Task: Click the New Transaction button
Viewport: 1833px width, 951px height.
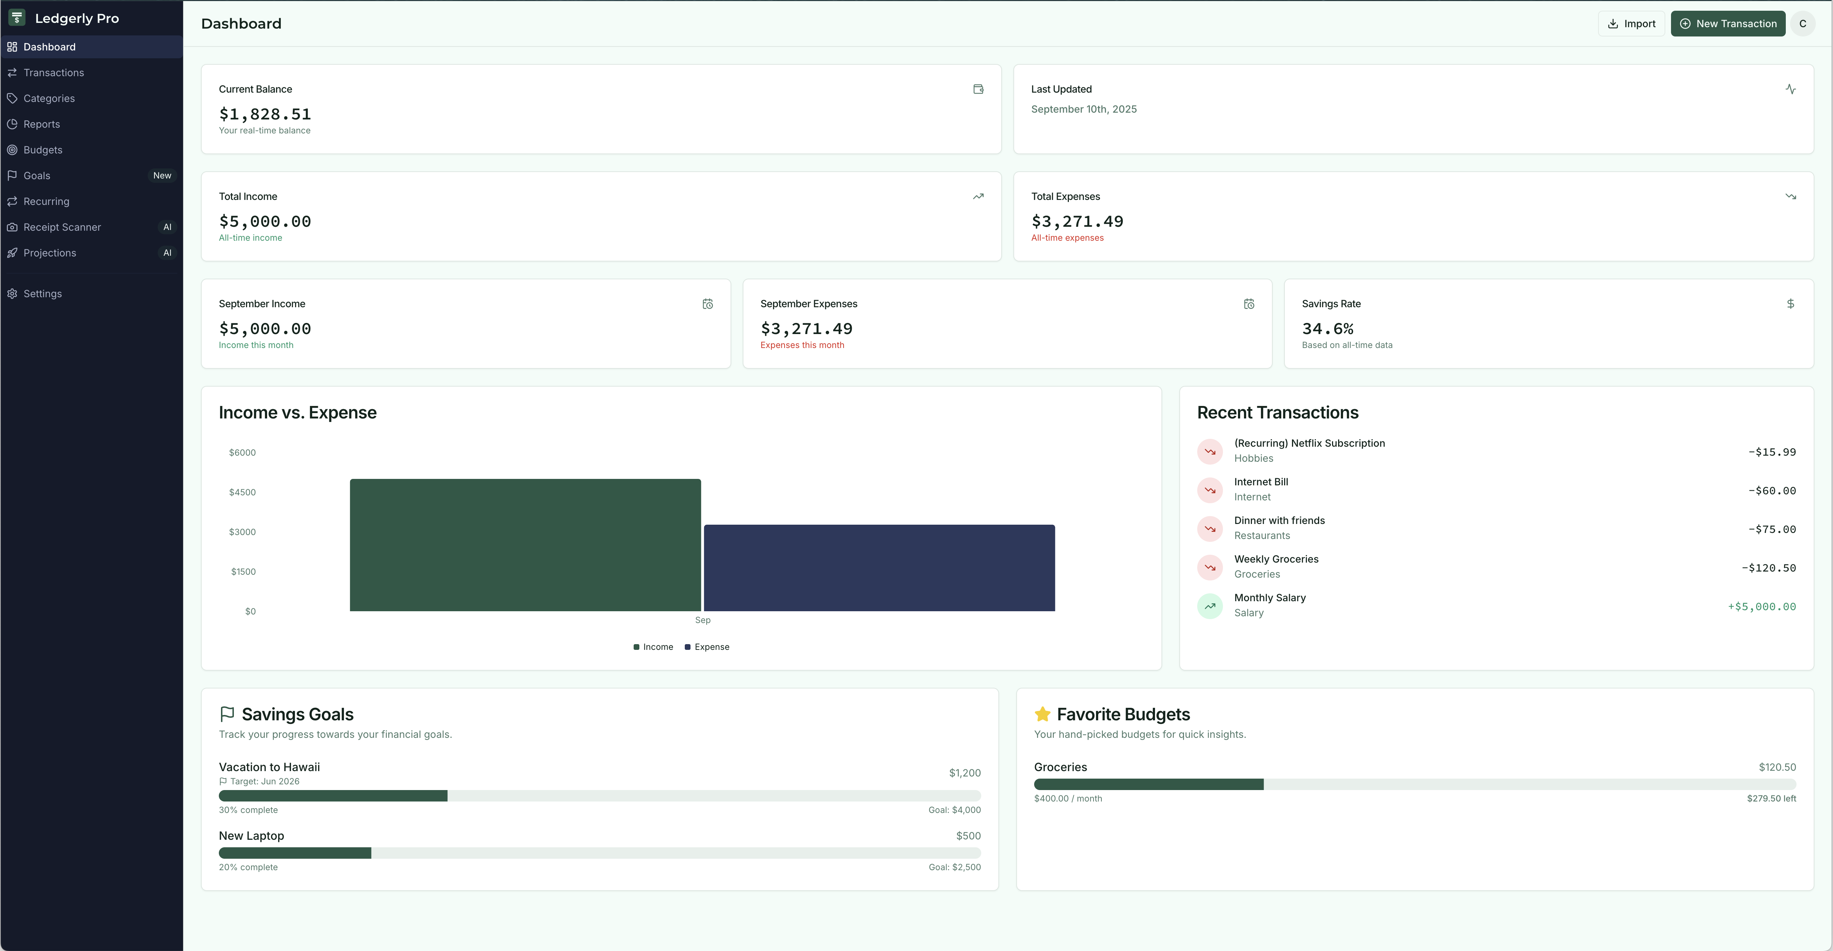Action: [1727, 24]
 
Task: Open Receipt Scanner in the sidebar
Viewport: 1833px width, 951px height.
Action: [62, 227]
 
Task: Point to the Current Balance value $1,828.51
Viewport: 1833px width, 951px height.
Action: [265, 114]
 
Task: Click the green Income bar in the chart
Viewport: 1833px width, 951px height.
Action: [525, 545]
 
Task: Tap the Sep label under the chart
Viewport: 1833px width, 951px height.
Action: [702, 620]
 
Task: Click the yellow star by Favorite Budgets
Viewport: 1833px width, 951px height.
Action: [1042, 714]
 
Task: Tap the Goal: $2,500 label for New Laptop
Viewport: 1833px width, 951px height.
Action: [954, 867]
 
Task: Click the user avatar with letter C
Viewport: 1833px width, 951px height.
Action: [1802, 24]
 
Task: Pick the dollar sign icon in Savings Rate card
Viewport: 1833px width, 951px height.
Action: [1790, 304]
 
